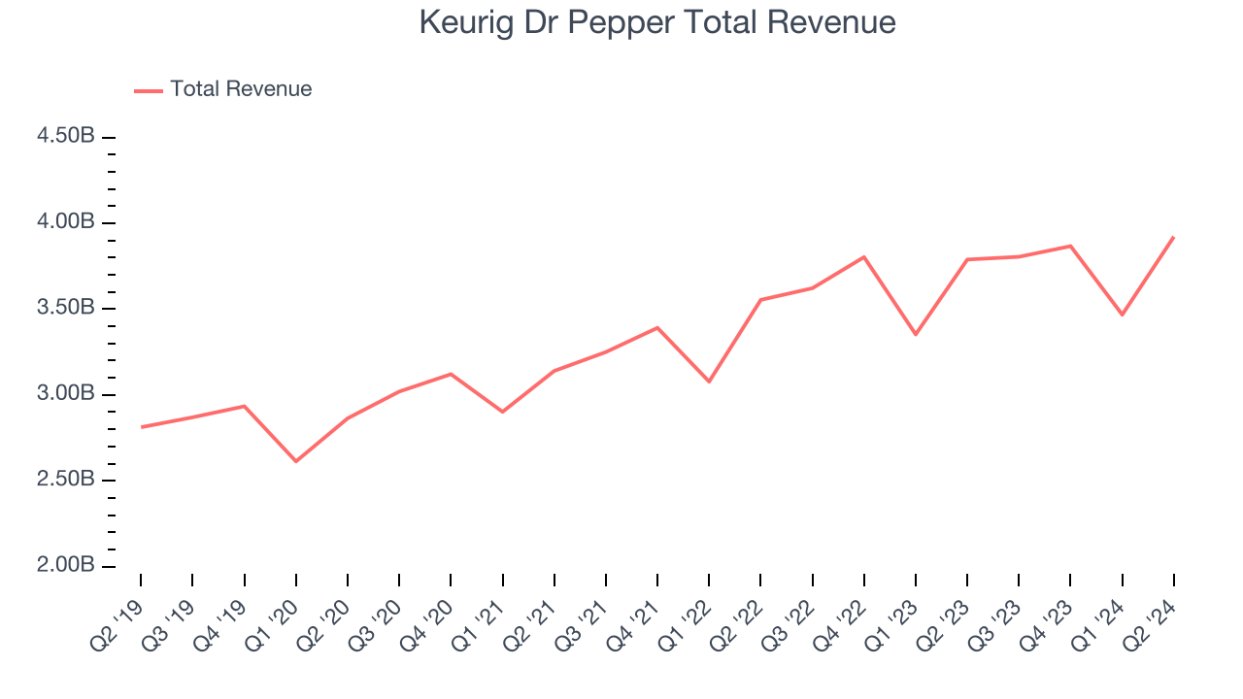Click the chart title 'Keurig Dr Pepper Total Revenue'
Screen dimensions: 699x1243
(656, 22)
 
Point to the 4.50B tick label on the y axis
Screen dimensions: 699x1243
(66, 136)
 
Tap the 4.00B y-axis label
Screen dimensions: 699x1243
(66, 222)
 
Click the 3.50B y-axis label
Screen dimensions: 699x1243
(66, 308)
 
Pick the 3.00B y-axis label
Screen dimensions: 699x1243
(66, 394)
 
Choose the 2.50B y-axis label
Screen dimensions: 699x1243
(66, 480)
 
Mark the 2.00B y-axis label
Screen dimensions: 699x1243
(66, 566)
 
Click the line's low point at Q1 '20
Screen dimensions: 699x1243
(295, 461)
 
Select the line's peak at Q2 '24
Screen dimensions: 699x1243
(1173, 237)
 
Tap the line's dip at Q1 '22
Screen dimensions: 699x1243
(709, 382)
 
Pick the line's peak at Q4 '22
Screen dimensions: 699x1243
(863, 257)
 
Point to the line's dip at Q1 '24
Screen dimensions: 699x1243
(1122, 315)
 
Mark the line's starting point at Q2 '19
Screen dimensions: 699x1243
(141, 427)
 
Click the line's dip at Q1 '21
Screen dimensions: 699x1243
(502, 412)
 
